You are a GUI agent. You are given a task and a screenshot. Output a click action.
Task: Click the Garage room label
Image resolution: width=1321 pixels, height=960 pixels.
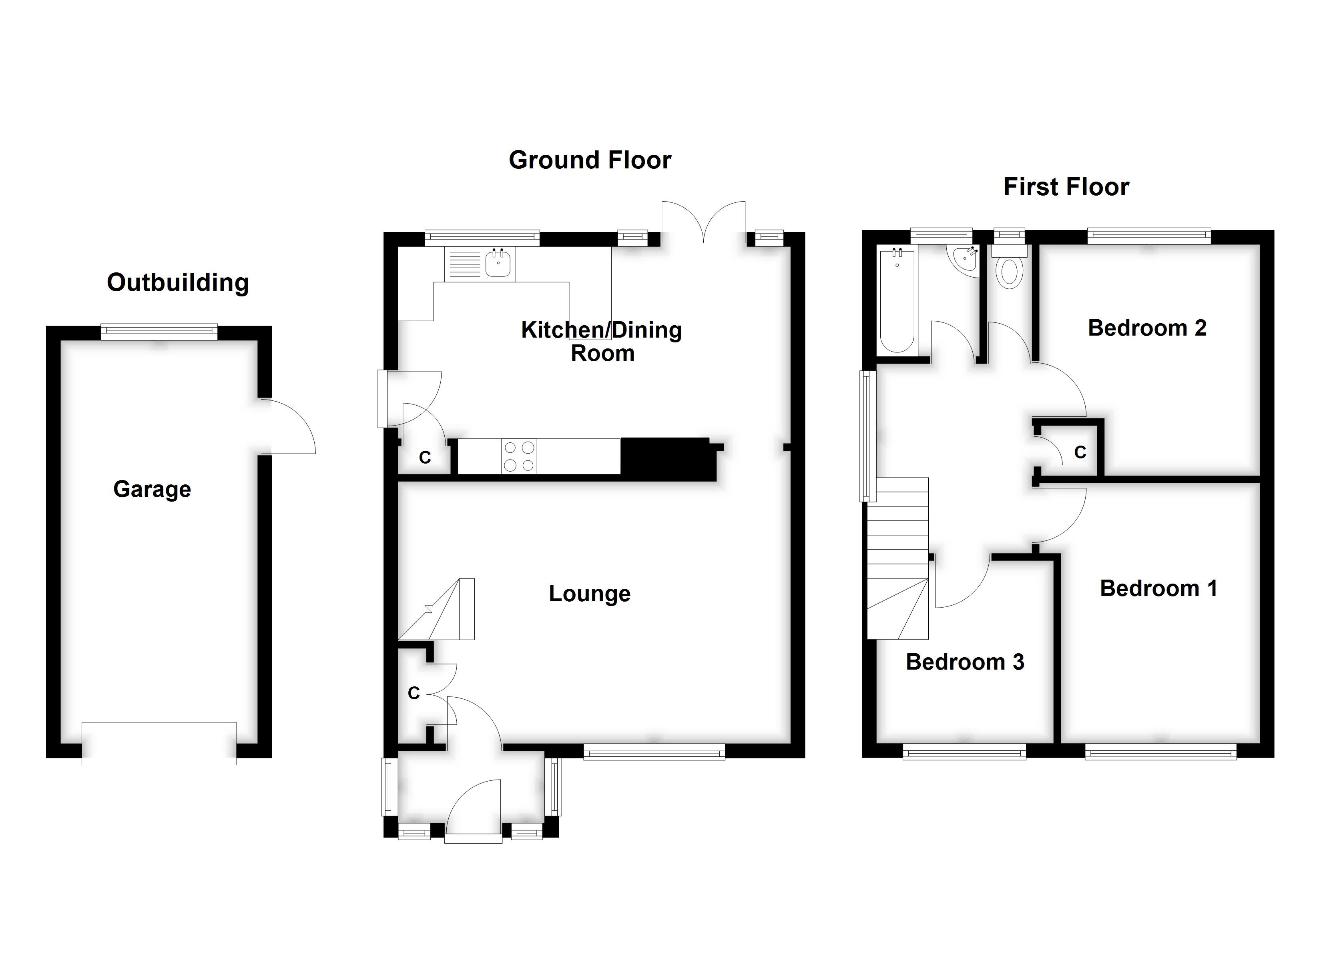(x=152, y=490)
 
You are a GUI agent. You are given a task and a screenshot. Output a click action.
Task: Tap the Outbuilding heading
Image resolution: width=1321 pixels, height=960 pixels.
(x=178, y=283)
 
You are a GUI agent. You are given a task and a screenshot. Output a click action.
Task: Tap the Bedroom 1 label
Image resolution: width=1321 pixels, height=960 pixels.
(x=1158, y=588)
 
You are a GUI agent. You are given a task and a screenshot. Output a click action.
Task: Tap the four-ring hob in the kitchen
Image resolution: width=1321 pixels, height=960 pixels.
(x=519, y=456)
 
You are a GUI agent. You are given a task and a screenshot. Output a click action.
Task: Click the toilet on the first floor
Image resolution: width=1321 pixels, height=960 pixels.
(x=1010, y=271)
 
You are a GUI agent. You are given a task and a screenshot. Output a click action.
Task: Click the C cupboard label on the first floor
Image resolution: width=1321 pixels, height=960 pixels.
(x=1080, y=452)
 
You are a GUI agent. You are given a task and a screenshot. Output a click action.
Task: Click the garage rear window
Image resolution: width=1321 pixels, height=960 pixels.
(x=159, y=332)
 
